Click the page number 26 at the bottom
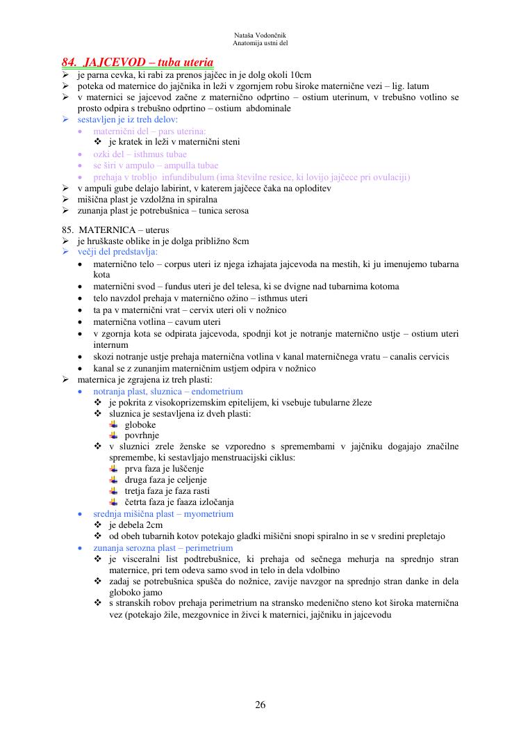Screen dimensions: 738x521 click(x=260, y=705)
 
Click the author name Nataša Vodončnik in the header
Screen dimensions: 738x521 click(x=260, y=35)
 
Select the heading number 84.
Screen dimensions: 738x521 click(x=70, y=62)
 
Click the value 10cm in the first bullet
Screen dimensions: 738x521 click(x=299, y=74)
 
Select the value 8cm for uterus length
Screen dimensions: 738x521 click(x=238, y=241)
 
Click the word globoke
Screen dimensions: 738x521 click(x=140, y=424)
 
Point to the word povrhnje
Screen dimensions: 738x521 click(x=142, y=435)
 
